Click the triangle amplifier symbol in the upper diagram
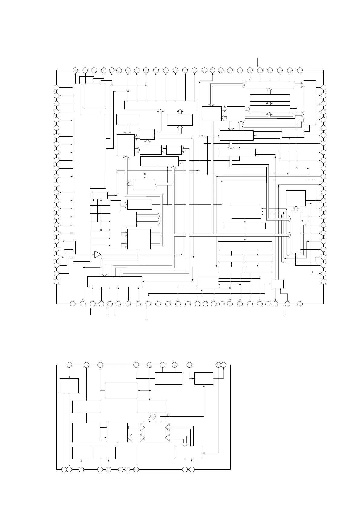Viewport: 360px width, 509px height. [97, 254]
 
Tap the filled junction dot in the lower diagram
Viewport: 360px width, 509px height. [150, 390]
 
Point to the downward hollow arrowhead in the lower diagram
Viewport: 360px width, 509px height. [185, 443]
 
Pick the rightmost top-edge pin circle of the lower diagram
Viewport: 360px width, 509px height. [224, 365]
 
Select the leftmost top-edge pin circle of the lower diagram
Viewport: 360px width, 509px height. [69, 365]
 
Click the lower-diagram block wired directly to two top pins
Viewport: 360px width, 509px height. [169, 378]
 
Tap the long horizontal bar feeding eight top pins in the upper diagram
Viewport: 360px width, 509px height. [161, 105]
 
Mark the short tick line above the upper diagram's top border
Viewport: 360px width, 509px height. [258, 62]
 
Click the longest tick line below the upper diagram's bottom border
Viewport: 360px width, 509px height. [146, 314]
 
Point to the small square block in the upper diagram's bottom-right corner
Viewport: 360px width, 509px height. [277, 284]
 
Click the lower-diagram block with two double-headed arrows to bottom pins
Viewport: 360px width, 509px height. [188, 453]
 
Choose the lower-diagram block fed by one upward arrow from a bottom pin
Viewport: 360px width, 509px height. [81, 453]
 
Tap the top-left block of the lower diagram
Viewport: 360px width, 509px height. [69, 385]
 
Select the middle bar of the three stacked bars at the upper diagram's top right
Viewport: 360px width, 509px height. [270, 98]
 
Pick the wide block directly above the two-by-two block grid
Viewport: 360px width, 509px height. [245, 246]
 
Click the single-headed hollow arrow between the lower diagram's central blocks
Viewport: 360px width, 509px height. [136, 427]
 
